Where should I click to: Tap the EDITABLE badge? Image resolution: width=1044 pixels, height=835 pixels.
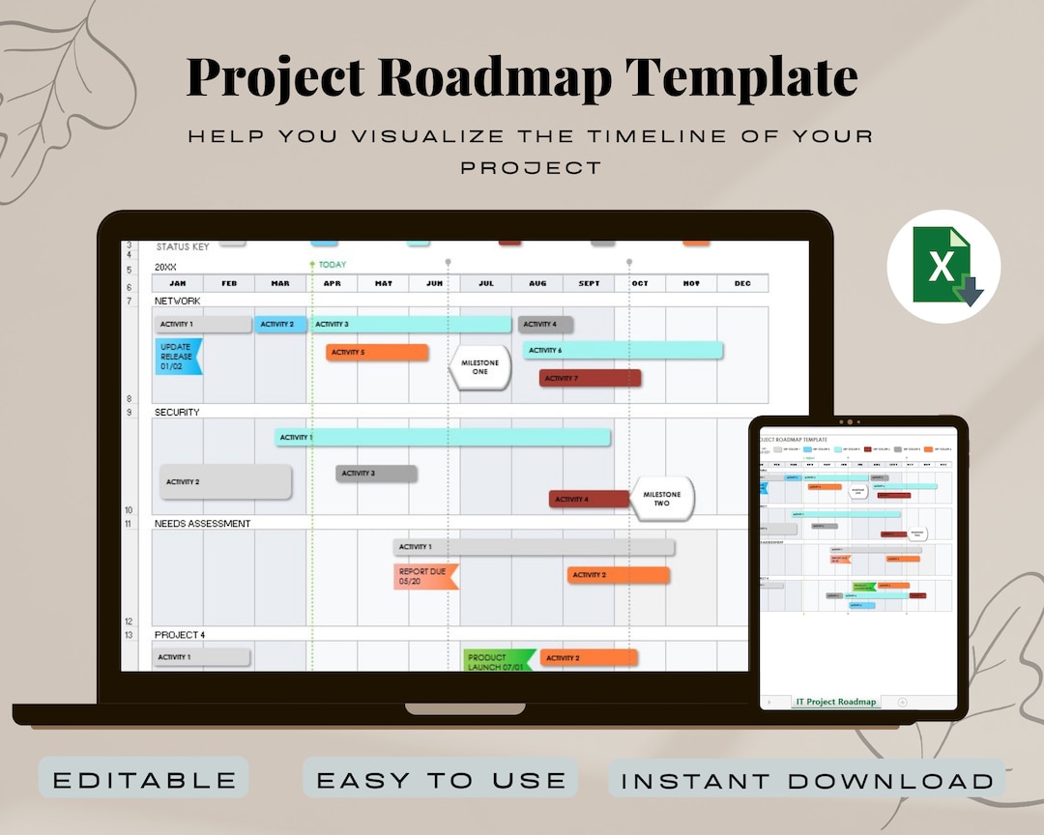pos(144,779)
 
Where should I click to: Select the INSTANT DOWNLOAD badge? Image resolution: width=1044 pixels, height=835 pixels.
pos(807,780)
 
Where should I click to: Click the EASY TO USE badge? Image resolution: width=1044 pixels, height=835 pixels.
pos(441,779)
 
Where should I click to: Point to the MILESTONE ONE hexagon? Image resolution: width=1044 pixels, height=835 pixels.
pos(480,367)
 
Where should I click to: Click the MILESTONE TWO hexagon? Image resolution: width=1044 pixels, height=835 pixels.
pos(662,499)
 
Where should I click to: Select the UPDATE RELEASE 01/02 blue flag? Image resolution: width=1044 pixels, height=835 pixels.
pos(178,357)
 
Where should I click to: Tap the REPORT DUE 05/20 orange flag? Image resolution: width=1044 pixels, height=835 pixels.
pos(424,577)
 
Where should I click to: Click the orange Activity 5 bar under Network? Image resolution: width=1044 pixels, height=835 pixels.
pos(377,353)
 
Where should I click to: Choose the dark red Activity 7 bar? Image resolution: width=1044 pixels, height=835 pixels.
pos(590,378)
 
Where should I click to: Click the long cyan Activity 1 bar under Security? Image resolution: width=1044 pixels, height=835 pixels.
pos(443,438)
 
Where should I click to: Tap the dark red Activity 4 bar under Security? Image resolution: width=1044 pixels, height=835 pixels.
pos(589,500)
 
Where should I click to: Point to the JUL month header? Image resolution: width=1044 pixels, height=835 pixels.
pos(485,283)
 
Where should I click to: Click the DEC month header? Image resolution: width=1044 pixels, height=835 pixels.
pos(741,283)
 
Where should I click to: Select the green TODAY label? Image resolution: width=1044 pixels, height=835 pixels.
pos(332,265)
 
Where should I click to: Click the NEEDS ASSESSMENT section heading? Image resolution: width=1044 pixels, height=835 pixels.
pos(202,524)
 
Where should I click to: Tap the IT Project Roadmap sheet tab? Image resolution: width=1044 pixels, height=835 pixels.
pos(836,702)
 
